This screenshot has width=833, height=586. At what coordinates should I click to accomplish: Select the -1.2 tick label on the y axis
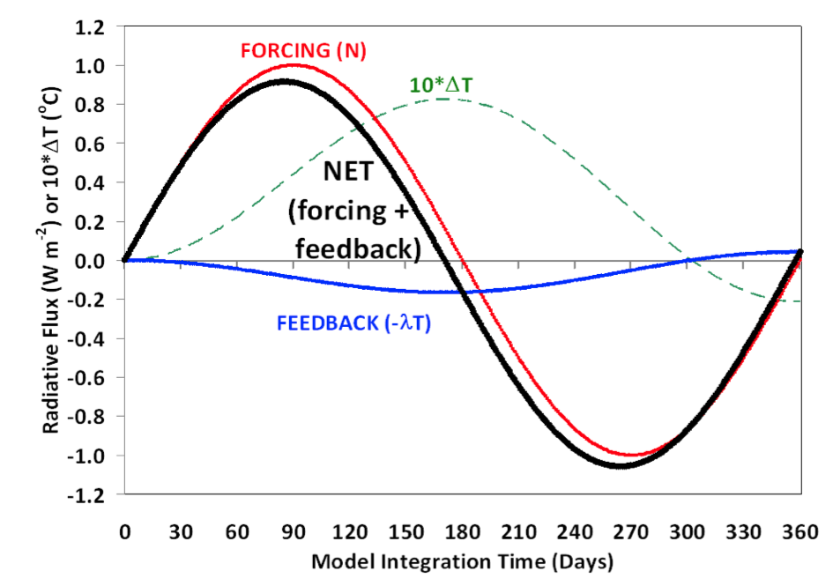pos(91,494)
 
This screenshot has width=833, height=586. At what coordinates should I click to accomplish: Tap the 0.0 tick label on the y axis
pos(93,261)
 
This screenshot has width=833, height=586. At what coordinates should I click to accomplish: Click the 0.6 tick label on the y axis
pos(93,144)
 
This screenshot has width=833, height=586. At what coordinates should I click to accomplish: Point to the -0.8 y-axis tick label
pos(91,417)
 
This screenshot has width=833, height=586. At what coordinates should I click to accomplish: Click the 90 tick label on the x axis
pos(294,534)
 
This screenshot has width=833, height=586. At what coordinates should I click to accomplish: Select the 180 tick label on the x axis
pos(463,534)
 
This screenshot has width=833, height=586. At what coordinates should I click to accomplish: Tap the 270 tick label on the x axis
pos(632,534)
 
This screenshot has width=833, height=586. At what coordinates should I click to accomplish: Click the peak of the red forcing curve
pos(294,64)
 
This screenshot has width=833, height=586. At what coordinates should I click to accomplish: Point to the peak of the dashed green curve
pos(443,99)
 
